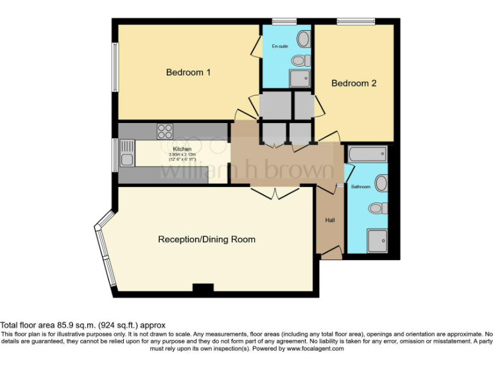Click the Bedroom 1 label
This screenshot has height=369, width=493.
pos(188,72)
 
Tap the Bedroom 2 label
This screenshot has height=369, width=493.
pos(354,83)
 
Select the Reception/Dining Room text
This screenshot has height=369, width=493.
pos(207,240)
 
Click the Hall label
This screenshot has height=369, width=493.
pos(330,220)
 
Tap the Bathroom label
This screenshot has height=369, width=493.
pos(360,187)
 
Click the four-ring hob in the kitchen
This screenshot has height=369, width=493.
pos(165,131)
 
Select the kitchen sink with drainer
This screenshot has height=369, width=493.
pos(126,154)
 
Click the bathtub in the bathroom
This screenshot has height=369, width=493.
pos(367,154)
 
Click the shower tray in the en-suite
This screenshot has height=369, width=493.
pos(299,78)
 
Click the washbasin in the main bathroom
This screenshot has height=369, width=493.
pos(381,184)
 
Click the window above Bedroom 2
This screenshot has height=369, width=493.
pos(356,21)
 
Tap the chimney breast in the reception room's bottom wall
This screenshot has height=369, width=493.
pos(203,290)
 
